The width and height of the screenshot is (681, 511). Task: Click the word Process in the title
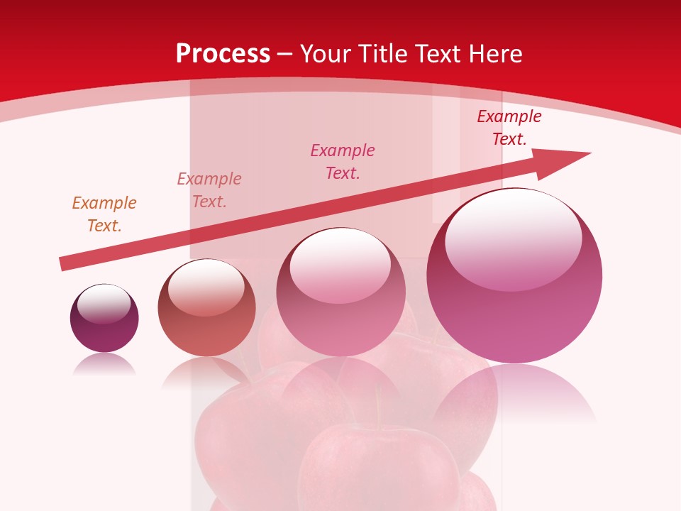click(223, 53)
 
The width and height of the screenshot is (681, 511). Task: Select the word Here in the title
click(496, 53)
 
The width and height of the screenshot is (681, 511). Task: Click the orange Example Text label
click(104, 214)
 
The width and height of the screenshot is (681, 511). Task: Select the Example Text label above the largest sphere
click(509, 128)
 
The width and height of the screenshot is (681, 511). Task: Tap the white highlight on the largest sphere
click(514, 238)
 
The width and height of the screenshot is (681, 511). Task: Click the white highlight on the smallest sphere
click(104, 304)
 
